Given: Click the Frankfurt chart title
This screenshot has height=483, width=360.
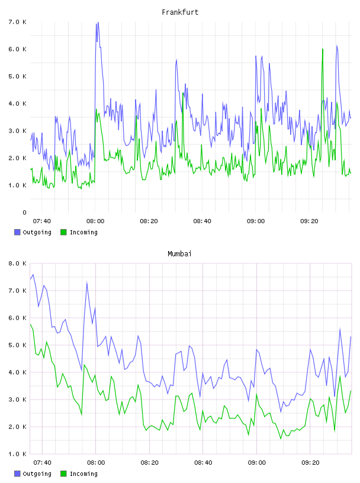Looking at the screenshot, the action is pos(180,12).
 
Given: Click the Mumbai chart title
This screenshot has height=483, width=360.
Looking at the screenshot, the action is pos(179,254).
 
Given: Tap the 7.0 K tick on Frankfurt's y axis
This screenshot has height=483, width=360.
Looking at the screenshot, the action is pos(17,22).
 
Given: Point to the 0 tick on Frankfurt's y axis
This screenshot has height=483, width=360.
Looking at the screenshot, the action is pos(24,212).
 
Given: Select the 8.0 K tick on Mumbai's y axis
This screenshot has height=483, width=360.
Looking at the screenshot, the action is pos(17,263).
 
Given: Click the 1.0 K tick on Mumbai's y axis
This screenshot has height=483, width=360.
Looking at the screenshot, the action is pos(17,454).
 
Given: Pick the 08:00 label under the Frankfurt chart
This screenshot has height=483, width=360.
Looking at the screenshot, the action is pos(95,221).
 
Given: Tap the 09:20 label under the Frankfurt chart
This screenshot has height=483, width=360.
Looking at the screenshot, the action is pos(309,221).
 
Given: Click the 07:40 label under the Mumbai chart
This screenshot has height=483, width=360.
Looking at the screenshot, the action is pos(42,463).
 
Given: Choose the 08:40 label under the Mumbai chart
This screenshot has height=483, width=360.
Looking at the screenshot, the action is pos(203,463).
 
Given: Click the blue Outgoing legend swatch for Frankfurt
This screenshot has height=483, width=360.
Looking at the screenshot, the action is pos(17,232).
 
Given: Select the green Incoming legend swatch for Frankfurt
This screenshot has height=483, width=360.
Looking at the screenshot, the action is pos(63,232).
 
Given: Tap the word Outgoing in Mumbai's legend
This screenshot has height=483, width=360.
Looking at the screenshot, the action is pos(37,474).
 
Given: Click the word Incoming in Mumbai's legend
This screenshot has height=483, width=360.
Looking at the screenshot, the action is pos(83,474).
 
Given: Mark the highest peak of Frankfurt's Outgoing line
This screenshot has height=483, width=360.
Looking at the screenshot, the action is pos(98,22).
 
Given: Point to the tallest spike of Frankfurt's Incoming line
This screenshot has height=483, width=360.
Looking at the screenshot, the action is pos(323,49).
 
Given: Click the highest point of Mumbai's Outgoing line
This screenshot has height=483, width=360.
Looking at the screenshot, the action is pos(33,275).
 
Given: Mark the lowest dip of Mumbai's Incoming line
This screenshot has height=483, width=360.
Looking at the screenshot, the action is pos(281,439).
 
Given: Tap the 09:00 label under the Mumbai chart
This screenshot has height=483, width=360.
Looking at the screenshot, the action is pos(257,463).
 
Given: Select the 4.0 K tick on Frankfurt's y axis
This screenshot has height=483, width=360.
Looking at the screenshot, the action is pos(17,104).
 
